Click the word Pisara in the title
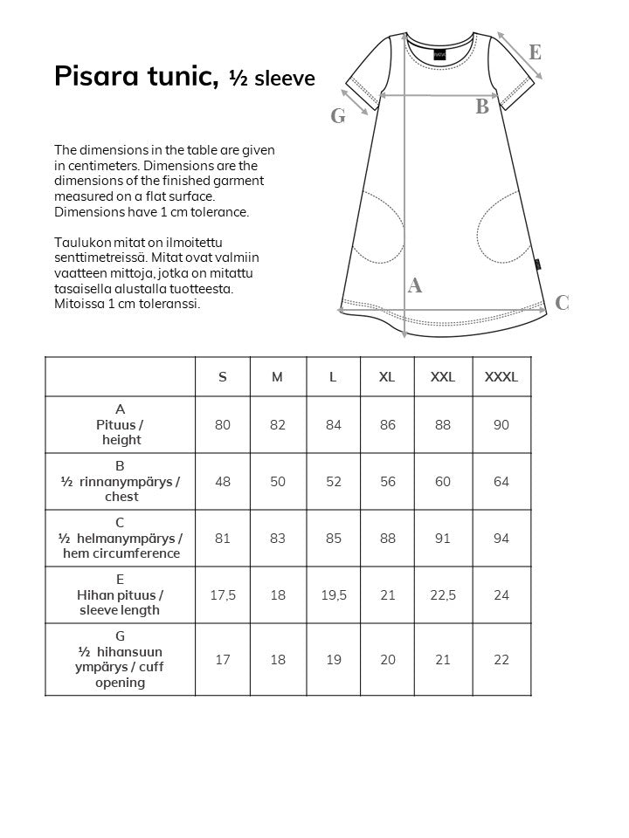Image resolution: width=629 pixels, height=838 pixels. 99,77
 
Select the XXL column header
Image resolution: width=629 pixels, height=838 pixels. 443,377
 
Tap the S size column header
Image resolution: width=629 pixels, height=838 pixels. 223,377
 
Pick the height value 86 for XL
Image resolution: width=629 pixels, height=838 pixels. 387,425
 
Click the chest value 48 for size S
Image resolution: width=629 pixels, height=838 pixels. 223,482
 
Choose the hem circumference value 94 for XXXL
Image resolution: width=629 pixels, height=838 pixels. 501,539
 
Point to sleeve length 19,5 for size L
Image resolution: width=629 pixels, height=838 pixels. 333,595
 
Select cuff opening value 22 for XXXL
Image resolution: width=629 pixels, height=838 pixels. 501,660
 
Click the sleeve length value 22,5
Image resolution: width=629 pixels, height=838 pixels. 443,595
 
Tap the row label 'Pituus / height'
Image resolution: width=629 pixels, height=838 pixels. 121,432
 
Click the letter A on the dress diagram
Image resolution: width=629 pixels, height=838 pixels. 415,285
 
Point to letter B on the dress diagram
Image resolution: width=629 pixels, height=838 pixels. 482,108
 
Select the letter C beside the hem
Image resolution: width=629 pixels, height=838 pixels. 562,303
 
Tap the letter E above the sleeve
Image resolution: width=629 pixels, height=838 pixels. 535,52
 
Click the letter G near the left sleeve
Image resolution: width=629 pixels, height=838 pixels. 338,115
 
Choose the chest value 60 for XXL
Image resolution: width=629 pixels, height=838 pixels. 443,482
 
